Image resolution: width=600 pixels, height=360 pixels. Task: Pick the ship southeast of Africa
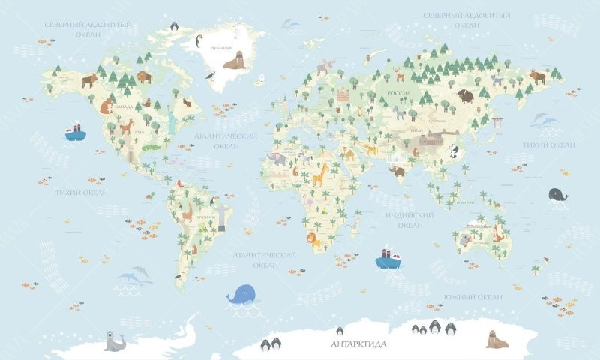click(388, 257)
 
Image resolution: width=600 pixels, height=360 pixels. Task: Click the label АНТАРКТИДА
click(358, 344)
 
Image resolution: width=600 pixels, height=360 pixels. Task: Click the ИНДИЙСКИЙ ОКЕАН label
click(410, 220)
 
